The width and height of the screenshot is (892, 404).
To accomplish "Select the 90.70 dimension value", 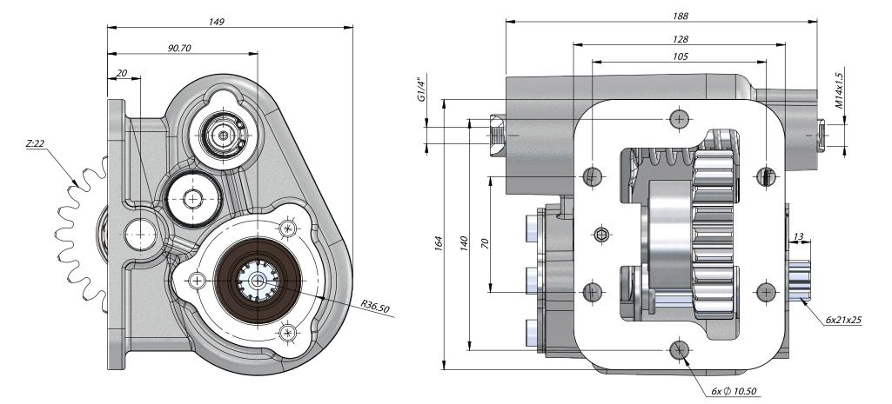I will [179, 48].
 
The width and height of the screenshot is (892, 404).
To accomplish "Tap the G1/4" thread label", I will [421, 89].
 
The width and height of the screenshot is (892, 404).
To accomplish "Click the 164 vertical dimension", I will [439, 245].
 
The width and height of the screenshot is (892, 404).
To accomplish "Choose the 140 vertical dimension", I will [463, 245].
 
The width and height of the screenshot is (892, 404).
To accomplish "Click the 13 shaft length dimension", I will [799, 235].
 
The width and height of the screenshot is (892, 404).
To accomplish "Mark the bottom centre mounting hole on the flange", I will [680, 349].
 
